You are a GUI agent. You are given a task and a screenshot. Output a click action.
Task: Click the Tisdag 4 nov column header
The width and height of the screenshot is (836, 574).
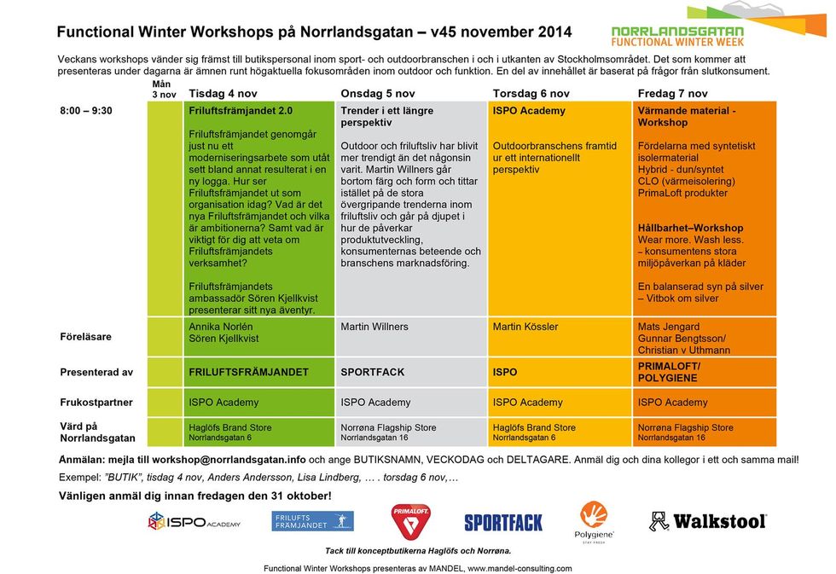click(x=223, y=94)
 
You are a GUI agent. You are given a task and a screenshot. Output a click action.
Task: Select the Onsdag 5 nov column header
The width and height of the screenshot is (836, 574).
click(x=377, y=94)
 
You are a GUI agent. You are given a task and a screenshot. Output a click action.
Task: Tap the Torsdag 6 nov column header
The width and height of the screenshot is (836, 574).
click(x=531, y=94)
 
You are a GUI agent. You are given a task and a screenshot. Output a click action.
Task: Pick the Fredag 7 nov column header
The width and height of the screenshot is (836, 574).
click(x=672, y=94)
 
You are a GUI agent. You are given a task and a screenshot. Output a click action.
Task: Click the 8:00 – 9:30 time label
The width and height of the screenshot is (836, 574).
click(x=85, y=111)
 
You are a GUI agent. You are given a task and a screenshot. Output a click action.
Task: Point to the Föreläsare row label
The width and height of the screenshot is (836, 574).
click(x=85, y=337)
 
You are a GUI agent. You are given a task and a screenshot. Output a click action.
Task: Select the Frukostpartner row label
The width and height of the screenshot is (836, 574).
click(x=96, y=402)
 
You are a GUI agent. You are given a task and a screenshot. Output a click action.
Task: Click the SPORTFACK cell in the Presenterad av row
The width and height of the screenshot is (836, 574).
click(x=373, y=372)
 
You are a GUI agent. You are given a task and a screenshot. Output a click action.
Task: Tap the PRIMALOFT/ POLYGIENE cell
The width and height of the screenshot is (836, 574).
click(x=669, y=372)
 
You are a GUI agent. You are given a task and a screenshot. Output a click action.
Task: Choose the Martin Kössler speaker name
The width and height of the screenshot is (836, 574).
click(x=525, y=327)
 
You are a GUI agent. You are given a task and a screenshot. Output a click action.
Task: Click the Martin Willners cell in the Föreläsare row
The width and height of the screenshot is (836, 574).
click(x=374, y=327)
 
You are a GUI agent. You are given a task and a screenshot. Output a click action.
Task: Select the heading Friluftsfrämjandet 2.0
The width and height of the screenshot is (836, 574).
click(x=241, y=111)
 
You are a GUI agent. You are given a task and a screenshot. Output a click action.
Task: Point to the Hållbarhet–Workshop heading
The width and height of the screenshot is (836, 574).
click(x=690, y=229)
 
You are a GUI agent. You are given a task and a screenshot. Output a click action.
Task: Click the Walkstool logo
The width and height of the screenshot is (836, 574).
click(x=708, y=520)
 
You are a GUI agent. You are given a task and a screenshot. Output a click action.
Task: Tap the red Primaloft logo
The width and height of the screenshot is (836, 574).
click(x=410, y=520)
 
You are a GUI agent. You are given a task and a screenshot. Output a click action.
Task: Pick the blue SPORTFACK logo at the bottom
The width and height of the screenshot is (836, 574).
click(x=503, y=522)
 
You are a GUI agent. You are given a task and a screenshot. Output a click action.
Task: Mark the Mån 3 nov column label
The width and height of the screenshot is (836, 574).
click(x=163, y=90)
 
